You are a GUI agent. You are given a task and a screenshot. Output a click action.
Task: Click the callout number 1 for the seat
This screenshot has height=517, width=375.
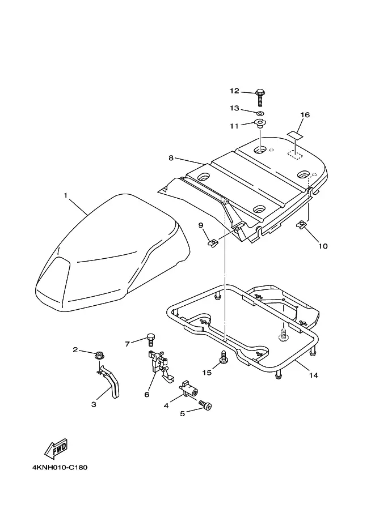click(x=65, y=195)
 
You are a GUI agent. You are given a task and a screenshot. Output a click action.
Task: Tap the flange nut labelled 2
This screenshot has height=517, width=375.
click(x=99, y=356)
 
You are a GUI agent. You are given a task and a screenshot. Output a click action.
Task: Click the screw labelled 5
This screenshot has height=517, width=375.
click(x=205, y=405)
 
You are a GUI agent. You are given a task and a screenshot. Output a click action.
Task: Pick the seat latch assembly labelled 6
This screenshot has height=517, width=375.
click(x=160, y=366)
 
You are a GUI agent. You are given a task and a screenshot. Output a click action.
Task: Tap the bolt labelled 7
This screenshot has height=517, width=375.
click(x=151, y=340)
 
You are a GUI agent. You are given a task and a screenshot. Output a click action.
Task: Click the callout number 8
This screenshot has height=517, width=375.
click(x=171, y=158)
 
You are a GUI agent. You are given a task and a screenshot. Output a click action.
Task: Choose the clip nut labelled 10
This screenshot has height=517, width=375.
click(x=301, y=225)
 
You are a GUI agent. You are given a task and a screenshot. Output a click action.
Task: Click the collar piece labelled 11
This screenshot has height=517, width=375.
click(x=260, y=124)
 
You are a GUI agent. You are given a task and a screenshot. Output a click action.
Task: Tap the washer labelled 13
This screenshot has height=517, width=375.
click(x=260, y=113)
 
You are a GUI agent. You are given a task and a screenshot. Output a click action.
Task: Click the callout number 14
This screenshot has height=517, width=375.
click(x=314, y=375)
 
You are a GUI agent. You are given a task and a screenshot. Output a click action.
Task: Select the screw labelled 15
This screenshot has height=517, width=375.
click(x=224, y=357)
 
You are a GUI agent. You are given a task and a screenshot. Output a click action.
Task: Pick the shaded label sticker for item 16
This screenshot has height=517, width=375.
click(x=295, y=135)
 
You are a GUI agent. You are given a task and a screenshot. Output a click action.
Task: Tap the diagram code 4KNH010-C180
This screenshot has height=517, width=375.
click(x=60, y=467)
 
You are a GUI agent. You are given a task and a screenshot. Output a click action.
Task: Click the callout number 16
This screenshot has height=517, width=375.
click(x=305, y=115)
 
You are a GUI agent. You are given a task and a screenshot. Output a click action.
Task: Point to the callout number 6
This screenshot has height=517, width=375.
click(x=146, y=394)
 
